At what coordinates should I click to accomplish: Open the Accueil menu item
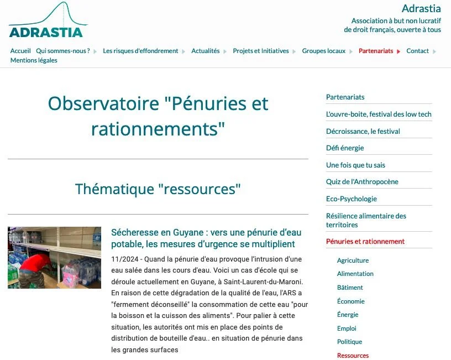click(20, 51)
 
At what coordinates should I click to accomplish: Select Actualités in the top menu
click(205, 51)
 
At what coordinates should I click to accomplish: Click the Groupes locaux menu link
click(323, 51)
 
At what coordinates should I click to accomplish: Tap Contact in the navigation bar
click(417, 51)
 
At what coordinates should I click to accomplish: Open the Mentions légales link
click(34, 60)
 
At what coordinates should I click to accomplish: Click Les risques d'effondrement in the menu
click(140, 51)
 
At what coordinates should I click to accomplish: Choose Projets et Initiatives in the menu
click(260, 51)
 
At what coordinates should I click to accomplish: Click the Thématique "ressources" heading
click(158, 189)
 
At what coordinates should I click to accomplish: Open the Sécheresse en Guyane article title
click(203, 238)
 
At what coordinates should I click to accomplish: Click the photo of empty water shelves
click(54, 257)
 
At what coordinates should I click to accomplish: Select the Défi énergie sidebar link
click(345, 148)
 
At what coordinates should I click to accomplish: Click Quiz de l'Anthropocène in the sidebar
click(362, 182)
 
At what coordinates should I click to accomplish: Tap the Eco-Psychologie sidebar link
click(352, 199)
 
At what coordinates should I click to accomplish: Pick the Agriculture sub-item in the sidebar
click(353, 260)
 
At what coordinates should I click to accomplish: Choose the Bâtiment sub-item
click(350, 288)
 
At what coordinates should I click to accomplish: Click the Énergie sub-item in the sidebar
click(348, 315)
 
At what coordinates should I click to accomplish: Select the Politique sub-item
click(349, 342)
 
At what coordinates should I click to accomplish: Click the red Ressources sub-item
click(353, 356)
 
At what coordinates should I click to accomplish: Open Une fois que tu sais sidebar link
click(355, 165)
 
